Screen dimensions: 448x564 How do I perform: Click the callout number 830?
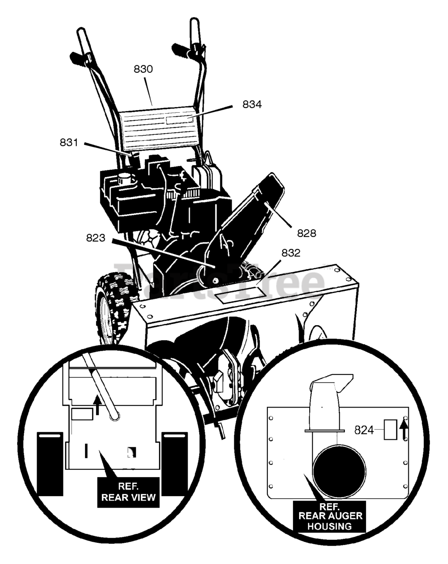143,69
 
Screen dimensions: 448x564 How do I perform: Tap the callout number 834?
252,104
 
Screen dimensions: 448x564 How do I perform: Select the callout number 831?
69,143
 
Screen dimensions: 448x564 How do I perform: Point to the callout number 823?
96,238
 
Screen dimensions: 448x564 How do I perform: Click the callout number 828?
306,233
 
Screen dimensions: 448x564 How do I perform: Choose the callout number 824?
364,430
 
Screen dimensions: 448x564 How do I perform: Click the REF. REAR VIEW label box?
128,492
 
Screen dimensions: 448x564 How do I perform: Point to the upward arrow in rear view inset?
98,405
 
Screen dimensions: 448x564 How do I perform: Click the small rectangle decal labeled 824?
390,430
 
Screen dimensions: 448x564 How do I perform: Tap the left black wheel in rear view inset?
50,463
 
